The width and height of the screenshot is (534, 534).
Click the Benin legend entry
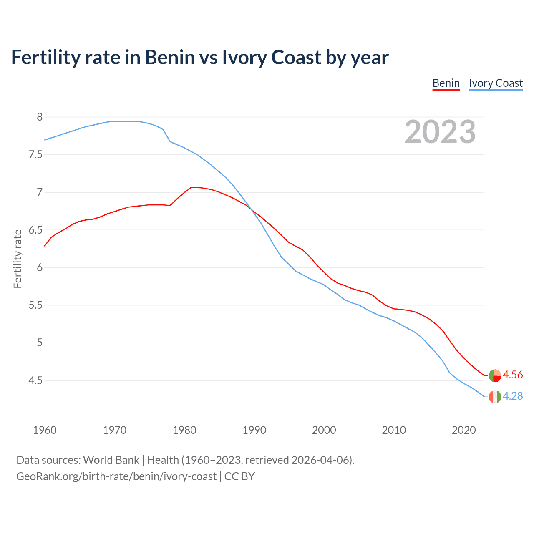pyautogui.click(x=446, y=83)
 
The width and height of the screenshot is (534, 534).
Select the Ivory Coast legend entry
pyautogui.click(x=496, y=83)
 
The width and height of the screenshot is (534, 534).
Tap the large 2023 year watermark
pyautogui.click(x=440, y=132)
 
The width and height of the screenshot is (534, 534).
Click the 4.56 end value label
pyautogui.click(x=513, y=375)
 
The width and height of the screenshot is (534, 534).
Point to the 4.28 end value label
pyautogui.click(x=513, y=396)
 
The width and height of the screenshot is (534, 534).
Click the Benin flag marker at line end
pyautogui.click(x=495, y=375)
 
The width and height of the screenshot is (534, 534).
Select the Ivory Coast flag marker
pyautogui.click(x=495, y=397)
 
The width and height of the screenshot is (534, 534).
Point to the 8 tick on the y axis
pyautogui.click(x=40, y=117)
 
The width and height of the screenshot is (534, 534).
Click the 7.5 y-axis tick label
pyautogui.click(x=35, y=155)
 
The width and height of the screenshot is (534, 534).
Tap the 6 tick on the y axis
pyautogui.click(x=40, y=267)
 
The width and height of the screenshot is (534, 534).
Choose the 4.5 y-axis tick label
pyautogui.click(x=35, y=380)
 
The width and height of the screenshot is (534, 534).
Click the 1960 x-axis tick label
pyautogui.click(x=45, y=430)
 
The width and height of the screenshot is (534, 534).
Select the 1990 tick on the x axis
pyautogui.click(x=254, y=430)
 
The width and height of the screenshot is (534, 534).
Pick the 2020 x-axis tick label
pyautogui.click(x=463, y=430)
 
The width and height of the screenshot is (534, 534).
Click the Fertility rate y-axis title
pyautogui.click(x=18, y=259)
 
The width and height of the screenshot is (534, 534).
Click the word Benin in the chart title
pyautogui.click(x=169, y=57)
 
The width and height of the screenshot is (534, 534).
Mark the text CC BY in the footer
pyautogui.click(x=239, y=476)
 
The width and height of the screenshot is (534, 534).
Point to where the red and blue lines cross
pyautogui.click(x=252, y=209)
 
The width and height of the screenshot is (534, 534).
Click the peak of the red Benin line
pyautogui.click(x=194, y=187)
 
